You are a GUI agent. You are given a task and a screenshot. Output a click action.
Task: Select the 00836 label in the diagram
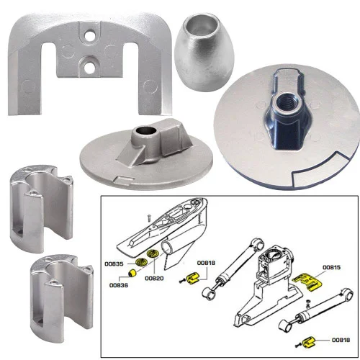[x=120, y=285]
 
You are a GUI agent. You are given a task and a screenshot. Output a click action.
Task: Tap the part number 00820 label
[x=155, y=278]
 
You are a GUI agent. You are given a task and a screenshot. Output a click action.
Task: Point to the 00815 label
[x=331, y=266]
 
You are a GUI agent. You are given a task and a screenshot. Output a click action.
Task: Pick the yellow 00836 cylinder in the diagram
[x=132, y=273]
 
